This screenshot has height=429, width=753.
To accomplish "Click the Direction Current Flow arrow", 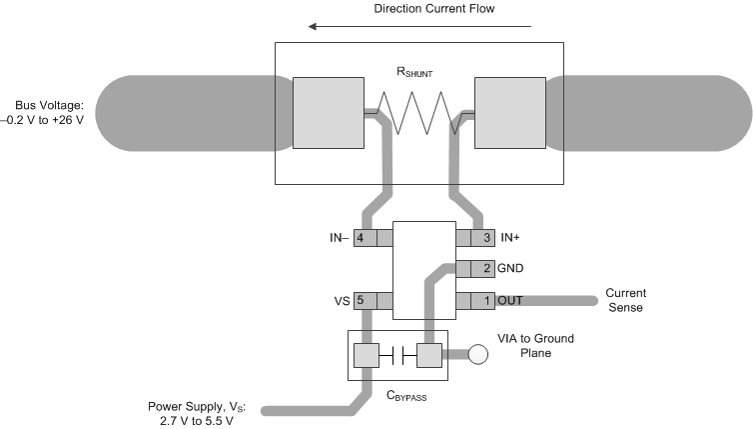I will [x=420, y=27].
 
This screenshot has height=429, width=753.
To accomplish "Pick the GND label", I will [x=511, y=269].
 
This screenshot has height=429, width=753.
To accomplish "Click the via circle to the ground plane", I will [x=478, y=354].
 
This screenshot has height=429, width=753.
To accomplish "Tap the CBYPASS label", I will [x=397, y=395].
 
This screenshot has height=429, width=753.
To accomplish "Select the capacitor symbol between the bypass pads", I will [x=398, y=354].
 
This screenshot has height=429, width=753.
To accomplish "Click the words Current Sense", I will [x=626, y=300].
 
